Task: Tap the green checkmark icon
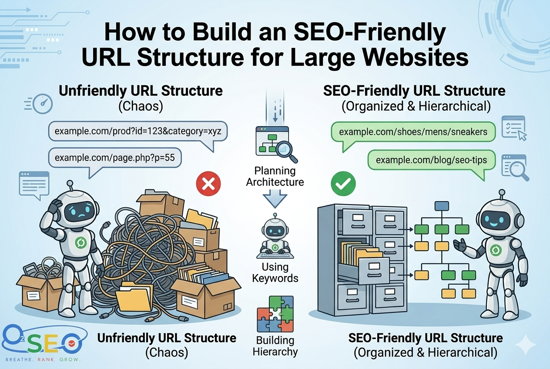click(x=343, y=184)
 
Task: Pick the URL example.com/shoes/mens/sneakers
click(x=413, y=131)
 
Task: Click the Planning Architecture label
click(x=275, y=176)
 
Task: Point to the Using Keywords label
click(x=275, y=272)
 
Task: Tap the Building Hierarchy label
click(x=275, y=346)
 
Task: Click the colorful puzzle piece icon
click(x=275, y=314)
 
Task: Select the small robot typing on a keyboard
click(x=275, y=237)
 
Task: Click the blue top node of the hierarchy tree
click(x=441, y=206)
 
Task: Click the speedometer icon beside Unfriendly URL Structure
click(x=42, y=104)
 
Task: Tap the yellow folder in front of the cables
click(x=136, y=296)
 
